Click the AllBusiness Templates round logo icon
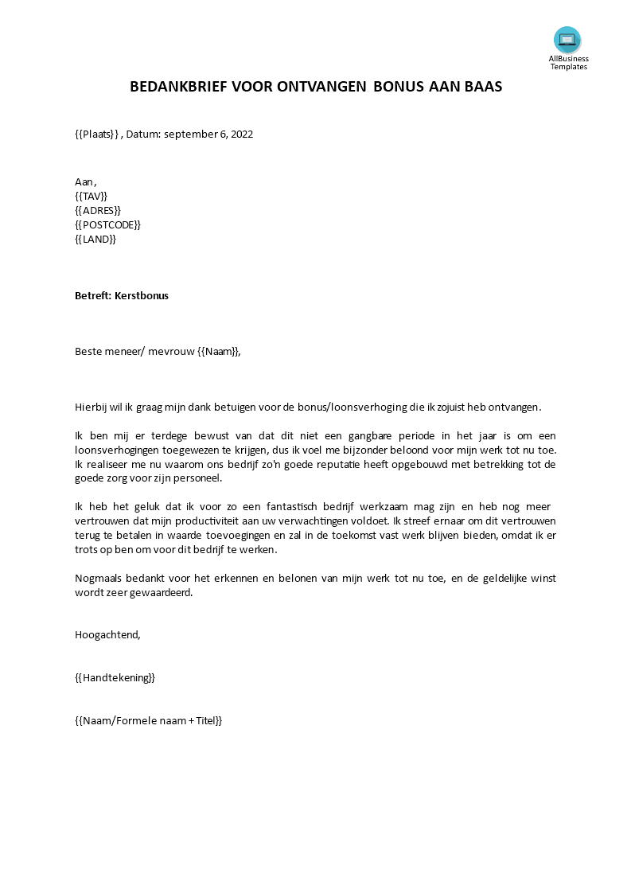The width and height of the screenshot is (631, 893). tap(567, 40)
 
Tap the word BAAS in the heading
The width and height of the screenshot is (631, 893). tap(483, 88)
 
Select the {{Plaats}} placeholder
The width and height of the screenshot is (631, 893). tap(96, 134)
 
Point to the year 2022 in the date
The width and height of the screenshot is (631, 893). tap(240, 134)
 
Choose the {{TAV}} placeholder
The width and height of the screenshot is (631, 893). tap(91, 196)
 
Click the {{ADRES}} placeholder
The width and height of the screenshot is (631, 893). tap(97, 210)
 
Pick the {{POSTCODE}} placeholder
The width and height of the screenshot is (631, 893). tap(107, 224)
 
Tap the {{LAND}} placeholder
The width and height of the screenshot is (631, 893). tap(95, 239)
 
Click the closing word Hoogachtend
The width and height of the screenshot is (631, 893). tap(107, 634)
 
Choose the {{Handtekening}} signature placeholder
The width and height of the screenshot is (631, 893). tap(115, 677)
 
